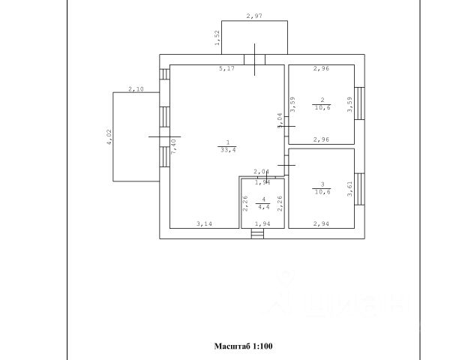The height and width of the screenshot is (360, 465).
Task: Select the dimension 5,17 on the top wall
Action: pos(226,70)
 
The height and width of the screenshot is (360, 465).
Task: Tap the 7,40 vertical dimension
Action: pos(173,145)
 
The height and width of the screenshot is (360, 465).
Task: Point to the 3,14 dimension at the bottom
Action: pos(204,223)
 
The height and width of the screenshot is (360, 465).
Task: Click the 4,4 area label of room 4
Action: pos(262,208)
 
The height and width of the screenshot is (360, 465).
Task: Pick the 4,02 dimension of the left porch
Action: pos(109,137)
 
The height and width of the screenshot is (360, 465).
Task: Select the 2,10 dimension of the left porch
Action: pos(136,89)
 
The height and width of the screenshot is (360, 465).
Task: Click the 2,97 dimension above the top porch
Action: pos(254,15)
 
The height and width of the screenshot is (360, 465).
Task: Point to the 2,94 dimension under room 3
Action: pos(320,223)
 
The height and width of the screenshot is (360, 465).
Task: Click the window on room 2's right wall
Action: pos(359,102)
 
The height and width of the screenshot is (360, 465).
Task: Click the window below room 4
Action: pos(258,234)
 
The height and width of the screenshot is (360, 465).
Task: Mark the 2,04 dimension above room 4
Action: pos(261,172)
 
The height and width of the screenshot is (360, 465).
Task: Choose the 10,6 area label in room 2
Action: pos(321,107)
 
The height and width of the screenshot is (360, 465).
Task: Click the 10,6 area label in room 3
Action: pos(321,191)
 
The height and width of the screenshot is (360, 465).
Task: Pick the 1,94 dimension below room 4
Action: pos(262,223)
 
